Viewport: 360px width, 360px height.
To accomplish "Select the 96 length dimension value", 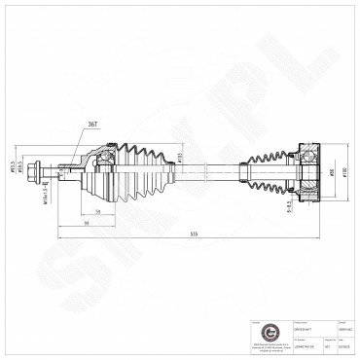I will [86, 223].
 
